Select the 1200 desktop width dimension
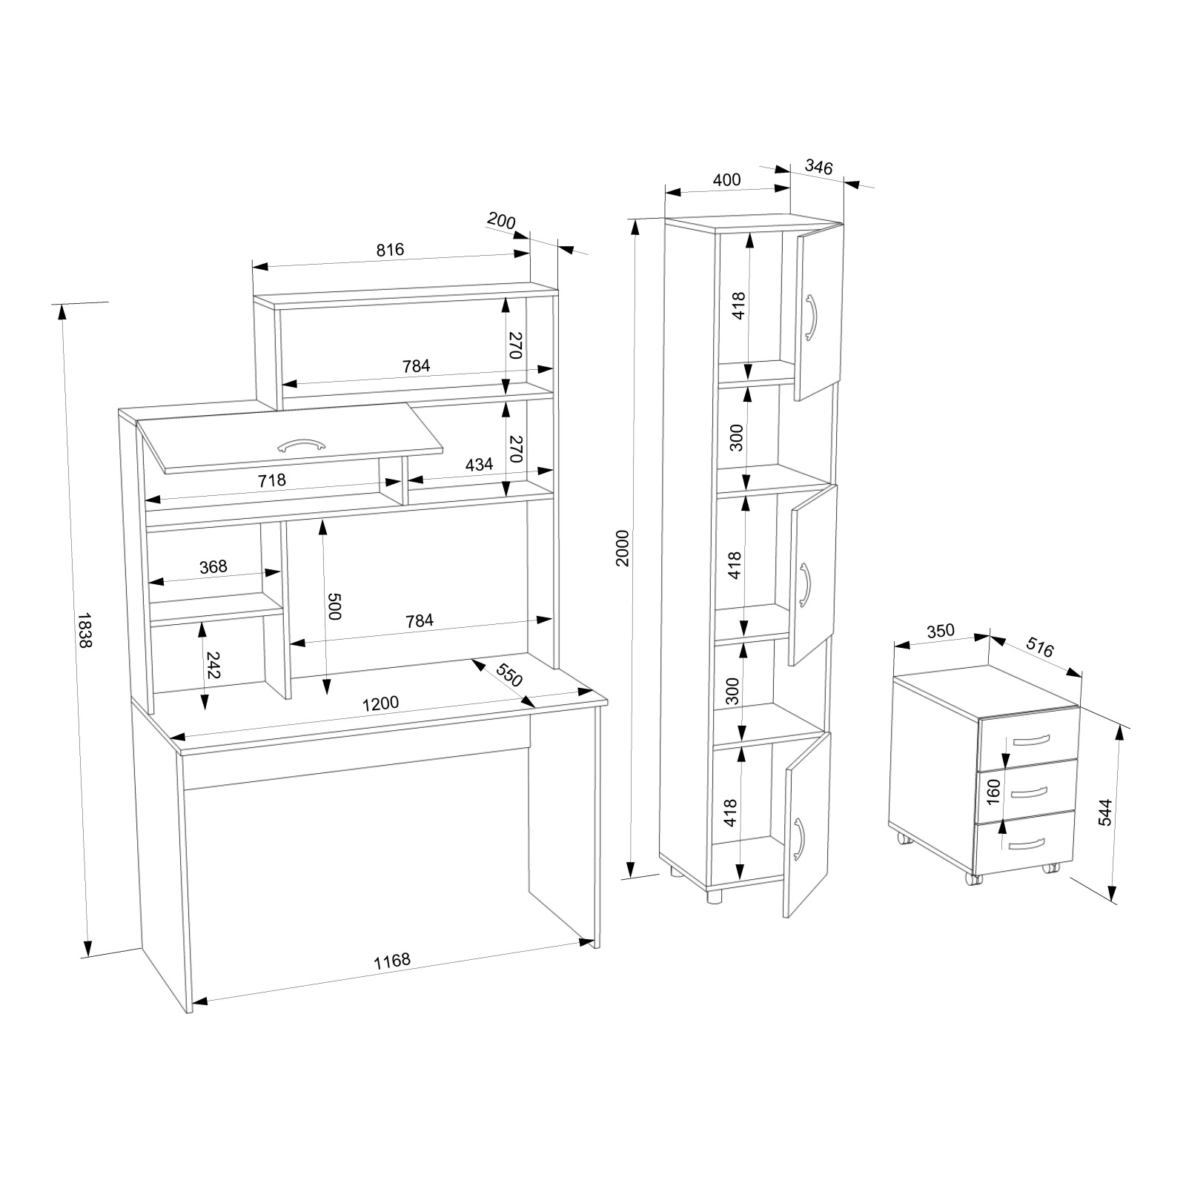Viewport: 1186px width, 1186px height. pyautogui.click(x=381, y=703)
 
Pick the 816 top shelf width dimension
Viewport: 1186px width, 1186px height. pyautogui.click(x=390, y=249)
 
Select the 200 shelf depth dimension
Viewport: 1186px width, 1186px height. pyautogui.click(x=501, y=221)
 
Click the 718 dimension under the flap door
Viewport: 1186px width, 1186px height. pyautogui.click(x=272, y=480)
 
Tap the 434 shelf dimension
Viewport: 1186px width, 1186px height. pyautogui.click(x=479, y=465)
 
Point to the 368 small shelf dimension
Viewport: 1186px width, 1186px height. pyautogui.click(x=213, y=566)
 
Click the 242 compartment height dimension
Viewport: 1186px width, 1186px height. pyautogui.click(x=213, y=666)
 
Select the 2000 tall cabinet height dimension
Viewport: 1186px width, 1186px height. pyautogui.click(x=622, y=548)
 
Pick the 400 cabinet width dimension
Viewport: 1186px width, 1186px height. pyautogui.click(x=726, y=179)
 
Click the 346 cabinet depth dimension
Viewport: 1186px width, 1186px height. pyautogui.click(x=818, y=167)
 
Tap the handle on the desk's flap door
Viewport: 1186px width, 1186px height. pyautogui.click(x=301, y=445)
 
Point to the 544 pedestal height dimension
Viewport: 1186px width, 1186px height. pyautogui.click(x=1104, y=812)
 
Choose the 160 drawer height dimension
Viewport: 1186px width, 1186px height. pyautogui.click(x=995, y=792)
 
